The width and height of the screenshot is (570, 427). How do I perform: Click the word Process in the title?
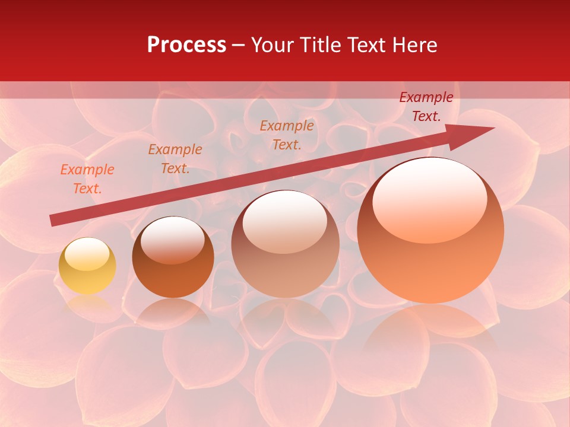(x=186, y=45)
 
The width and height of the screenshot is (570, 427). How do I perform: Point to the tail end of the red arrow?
(x=55, y=220)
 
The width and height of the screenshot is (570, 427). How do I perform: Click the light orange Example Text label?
(x=87, y=179)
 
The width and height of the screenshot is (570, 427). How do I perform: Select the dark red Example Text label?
(x=426, y=107)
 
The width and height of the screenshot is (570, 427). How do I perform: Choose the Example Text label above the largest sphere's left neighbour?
(x=287, y=135)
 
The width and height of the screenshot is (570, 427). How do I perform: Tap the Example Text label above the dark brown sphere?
(x=175, y=159)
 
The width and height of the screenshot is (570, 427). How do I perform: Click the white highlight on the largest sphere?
(x=429, y=199)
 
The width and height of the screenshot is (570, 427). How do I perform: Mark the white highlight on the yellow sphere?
(x=87, y=254)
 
